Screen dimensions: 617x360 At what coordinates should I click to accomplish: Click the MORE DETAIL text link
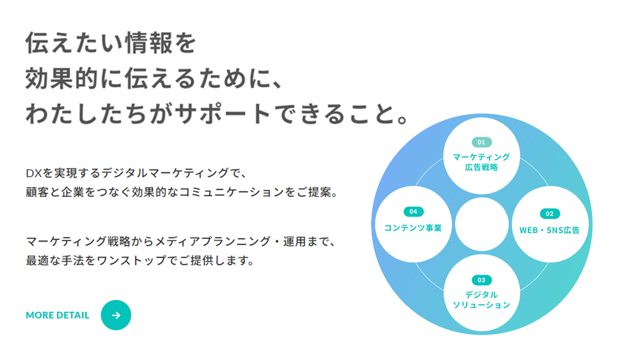(x=58, y=315)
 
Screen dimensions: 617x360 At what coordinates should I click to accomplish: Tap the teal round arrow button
(x=116, y=315)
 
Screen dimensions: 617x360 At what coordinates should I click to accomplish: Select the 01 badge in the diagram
(x=481, y=142)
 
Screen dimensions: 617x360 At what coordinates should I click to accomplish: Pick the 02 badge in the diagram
(x=550, y=214)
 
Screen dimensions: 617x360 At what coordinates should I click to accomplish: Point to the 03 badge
(x=481, y=280)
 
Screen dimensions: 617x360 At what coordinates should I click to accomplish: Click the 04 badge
(x=413, y=211)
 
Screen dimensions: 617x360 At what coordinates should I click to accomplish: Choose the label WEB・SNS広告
(x=550, y=230)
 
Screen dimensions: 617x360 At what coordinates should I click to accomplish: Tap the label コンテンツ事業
(x=413, y=228)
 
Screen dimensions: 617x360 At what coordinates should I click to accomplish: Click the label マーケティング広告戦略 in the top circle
(x=481, y=162)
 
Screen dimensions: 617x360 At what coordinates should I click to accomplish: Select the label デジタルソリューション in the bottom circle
(x=481, y=300)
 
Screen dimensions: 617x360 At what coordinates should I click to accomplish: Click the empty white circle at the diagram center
(x=482, y=224)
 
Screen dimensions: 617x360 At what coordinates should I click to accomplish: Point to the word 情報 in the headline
(x=149, y=42)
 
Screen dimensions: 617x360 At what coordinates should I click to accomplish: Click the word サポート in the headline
(x=223, y=114)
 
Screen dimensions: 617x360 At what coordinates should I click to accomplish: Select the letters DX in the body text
(x=34, y=173)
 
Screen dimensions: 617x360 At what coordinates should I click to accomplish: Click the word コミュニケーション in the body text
(x=231, y=192)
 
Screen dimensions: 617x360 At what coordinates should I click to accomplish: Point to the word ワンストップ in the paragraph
(x=132, y=260)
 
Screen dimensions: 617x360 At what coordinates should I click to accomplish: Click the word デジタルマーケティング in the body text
(x=165, y=173)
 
